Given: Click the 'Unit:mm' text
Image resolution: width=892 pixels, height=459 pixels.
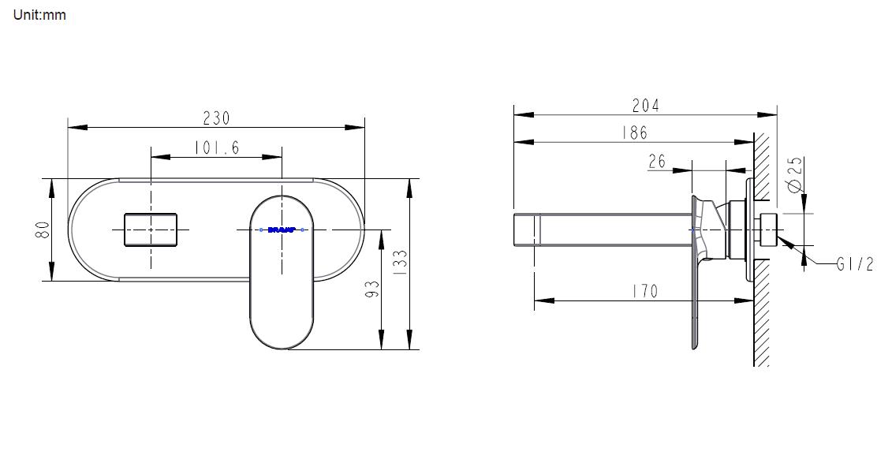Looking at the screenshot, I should [x=39, y=15].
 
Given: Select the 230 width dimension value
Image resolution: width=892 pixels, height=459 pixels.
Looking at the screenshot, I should [x=216, y=118].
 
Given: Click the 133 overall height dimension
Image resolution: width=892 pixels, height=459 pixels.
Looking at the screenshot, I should [x=400, y=262].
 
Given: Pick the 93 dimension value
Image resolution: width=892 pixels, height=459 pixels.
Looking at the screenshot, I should [x=373, y=289].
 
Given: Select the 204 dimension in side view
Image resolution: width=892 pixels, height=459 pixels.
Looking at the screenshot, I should [x=645, y=105].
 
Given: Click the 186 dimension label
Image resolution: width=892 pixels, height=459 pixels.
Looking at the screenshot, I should [x=633, y=132].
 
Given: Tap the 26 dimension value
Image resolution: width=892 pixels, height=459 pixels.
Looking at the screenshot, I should [x=657, y=162].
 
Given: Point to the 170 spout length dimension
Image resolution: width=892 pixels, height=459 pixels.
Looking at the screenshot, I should [x=644, y=291].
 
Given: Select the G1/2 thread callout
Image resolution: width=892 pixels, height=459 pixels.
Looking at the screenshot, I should [x=855, y=265].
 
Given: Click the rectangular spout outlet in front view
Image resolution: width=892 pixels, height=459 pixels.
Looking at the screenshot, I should [x=151, y=229].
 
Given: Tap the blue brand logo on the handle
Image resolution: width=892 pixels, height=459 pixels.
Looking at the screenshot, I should [x=282, y=229].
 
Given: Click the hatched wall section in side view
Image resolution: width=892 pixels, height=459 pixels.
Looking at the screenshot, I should [x=762, y=315].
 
